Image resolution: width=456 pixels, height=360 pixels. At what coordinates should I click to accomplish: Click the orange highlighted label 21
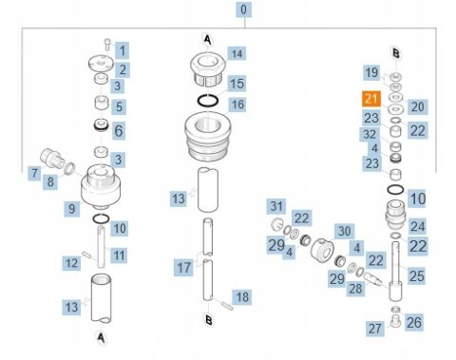pos(371,99)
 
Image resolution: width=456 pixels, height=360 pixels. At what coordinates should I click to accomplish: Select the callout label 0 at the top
pos(243,9)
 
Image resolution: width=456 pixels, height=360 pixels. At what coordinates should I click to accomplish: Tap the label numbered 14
pos(237,54)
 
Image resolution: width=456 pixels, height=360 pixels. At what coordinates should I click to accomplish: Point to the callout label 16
pos(238,105)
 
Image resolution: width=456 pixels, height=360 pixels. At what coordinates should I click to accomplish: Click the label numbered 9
pos(71,209)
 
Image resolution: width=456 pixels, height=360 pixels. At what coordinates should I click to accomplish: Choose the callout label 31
pos(276,206)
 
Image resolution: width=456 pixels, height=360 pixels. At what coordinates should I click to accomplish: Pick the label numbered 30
pos(345,231)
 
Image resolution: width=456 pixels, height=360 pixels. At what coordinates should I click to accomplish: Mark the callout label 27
pos(375,329)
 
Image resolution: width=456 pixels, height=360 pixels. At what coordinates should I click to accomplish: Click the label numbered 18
pos(242,297)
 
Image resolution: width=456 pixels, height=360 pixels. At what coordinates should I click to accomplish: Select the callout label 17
pos(183,268)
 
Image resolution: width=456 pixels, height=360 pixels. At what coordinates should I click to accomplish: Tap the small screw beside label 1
pos(107,45)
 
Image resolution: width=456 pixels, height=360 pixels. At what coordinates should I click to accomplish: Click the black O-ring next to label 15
pos(208,101)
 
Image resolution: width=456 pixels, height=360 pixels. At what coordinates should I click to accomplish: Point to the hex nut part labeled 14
pos(208,69)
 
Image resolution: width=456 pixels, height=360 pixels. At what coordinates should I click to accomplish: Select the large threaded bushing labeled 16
pos(208,137)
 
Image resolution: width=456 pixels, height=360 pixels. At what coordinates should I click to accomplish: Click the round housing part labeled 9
pos(101,187)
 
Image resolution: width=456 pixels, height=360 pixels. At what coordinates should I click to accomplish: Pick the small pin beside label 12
pos(86,254)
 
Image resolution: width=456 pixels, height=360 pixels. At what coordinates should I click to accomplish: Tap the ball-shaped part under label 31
pos(277,224)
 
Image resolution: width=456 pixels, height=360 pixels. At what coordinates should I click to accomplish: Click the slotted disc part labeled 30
pos(323,249)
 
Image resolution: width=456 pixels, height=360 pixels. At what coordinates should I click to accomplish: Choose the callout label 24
pos(417,226)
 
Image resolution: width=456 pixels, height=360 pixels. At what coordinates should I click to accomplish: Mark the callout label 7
pos(34,173)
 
